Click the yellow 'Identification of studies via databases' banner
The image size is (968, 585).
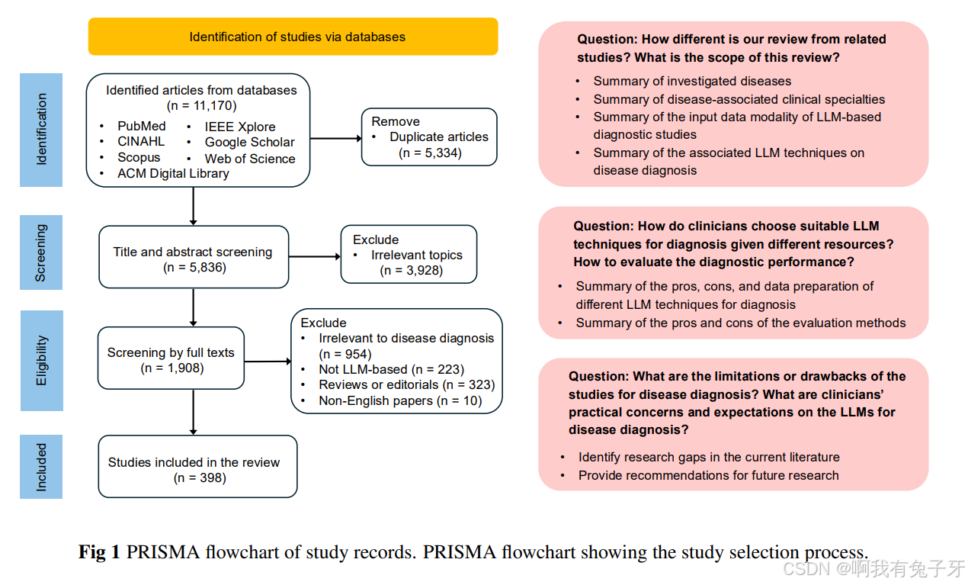(293, 37)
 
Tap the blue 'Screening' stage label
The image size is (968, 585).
(41, 252)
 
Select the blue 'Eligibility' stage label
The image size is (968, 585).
(41, 360)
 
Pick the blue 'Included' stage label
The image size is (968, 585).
(41, 467)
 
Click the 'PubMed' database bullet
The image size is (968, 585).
(141, 127)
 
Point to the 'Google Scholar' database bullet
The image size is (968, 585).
(249, 143)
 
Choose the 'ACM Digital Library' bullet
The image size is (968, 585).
(173, 174)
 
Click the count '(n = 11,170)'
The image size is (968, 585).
(201, 106)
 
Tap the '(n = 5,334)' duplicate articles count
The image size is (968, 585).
(430, 153)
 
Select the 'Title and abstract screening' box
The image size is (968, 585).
(194, 257)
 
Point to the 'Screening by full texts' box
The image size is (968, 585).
(171, 359)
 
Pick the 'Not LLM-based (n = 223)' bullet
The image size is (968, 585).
(391, 370)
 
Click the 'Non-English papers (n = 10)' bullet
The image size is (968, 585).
(400, 401)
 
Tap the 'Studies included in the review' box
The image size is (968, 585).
(197, 466)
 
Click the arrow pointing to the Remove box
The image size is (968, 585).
(335, 138)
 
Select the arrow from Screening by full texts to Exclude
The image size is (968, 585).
(267, 361)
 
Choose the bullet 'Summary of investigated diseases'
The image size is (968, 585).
(692, 82)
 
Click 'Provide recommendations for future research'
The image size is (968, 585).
(708, 476)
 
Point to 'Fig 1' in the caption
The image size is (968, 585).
(99, 552)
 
